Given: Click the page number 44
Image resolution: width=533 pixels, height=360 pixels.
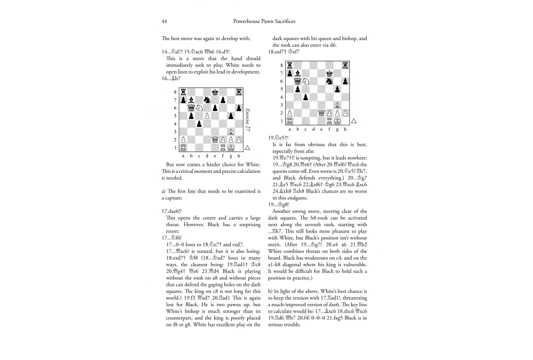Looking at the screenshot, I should (164, 22).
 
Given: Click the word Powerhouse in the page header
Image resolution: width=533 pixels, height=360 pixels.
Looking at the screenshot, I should (247, 22).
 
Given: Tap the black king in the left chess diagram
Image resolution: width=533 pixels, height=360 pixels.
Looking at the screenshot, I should (214, 92).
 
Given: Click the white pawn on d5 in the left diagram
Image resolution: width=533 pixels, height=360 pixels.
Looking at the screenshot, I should (206, 116).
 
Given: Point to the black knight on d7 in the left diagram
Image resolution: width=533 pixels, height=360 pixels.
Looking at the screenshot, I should (206, 100).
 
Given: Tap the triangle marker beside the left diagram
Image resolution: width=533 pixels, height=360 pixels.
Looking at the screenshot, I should (247, 148).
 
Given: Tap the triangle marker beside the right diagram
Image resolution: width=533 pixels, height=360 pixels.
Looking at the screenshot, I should (353, 121).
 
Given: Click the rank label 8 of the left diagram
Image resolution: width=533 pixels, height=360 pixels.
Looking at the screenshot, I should (175, 92).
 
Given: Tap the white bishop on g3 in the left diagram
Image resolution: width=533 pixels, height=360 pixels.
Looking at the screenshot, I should (230, 132).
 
